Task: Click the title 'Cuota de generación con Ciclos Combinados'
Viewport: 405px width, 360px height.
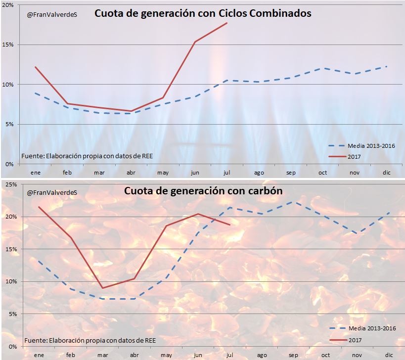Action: pyautogui.click(x=203, y=14)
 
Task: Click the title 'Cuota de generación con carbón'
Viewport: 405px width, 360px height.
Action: pyautogui.click(x=203, y=191)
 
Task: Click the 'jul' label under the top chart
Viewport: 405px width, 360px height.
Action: pyautogui.click(x=226, y=173)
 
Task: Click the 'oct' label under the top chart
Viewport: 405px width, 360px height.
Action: pyautogui.click(x=322, y=173)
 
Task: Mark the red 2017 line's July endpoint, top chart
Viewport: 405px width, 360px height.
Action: pyautogui.click(x=227, y=23)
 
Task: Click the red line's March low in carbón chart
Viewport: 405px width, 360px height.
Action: pyautogui.click(x=102, y=288)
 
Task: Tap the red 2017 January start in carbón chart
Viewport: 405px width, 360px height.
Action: pyautogui.click(x=38, y=207)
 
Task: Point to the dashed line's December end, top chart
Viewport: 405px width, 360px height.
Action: pyautogui.click(x=387, y=66)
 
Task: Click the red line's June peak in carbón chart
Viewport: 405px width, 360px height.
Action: pyautogui.click(x=198, y=214)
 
